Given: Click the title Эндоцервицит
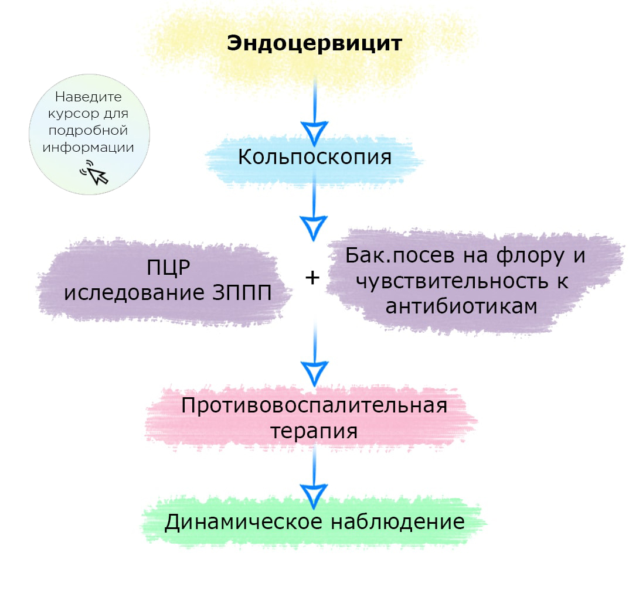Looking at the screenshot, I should click(x=314, y=44).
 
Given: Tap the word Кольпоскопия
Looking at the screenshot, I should click(x=315, y=157).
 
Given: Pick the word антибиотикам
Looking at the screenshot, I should click(x=461, y=306).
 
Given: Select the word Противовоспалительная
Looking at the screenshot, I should click(x=314, y=405).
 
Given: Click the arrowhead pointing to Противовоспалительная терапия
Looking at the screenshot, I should click(x=314, y=371).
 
